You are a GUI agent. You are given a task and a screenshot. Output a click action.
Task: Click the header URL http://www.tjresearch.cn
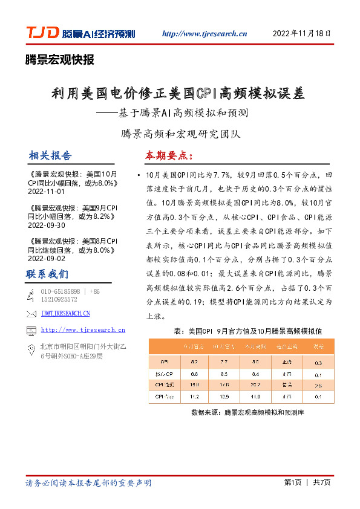tap(205, 34)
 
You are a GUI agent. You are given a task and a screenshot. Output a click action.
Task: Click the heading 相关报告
tap(50, 155)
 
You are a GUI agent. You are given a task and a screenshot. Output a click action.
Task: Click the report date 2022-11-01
tap(46, 191)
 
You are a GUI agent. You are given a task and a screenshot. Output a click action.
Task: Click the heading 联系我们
tap(47, 274)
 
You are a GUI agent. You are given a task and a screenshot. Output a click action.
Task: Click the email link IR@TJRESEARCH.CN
tap(65, 313)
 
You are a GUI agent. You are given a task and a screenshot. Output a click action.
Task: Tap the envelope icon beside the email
tap(31, 313)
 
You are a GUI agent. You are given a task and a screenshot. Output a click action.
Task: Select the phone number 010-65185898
tap(59, 291)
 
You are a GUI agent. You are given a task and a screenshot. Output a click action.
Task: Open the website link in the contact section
tap(83, 330)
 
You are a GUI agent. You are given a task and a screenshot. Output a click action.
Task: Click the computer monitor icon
tap(31, 330)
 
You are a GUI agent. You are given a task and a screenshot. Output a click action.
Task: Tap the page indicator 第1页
tap(292, 482)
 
